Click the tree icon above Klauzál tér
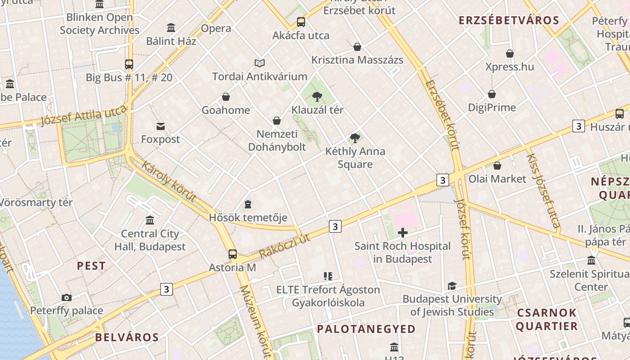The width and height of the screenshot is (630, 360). pos(317,96)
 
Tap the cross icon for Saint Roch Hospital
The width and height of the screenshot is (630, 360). pos(403,233)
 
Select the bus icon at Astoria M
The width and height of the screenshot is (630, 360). pos(232,254)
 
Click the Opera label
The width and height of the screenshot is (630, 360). pos(216,28)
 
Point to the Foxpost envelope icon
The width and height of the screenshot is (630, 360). pos(161,126)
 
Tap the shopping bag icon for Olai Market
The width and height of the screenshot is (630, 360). pos(497,166)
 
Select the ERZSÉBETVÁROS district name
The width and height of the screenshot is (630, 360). pos(508,20)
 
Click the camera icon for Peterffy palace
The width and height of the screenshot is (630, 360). pos(67,297)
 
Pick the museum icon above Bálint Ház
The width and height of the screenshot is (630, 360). pos(171,28)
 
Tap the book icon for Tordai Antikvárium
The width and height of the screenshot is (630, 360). pos(260,63)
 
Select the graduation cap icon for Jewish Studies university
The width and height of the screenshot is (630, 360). pos(452,286)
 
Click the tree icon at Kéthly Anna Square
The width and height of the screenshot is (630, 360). pos(355,138)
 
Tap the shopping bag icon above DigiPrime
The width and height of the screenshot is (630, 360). pos(492,94)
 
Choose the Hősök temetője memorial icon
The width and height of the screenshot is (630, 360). pos(248,205)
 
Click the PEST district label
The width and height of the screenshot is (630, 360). pos(91,266)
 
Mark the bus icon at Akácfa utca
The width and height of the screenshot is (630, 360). pos(301,22)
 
